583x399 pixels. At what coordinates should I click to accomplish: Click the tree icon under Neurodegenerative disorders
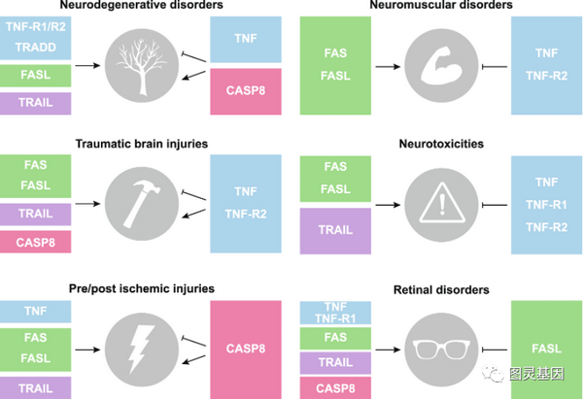141,66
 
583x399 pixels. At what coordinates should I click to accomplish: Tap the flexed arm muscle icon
441,65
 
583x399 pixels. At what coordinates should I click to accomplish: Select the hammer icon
141,204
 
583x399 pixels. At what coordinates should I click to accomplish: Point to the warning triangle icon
442,203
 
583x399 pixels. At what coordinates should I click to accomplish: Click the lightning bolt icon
141,349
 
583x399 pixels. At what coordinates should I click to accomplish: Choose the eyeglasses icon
441,349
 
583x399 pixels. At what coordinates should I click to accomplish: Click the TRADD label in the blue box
36,48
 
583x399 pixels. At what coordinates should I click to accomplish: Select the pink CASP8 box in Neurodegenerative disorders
246,91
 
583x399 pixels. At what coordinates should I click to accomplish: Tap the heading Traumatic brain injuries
142,144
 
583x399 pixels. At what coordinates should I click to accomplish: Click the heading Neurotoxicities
441,144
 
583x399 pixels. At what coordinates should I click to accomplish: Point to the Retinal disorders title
441,289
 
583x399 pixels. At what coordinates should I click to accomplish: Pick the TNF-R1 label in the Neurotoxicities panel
546,205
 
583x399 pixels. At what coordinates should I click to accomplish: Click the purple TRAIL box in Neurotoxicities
335,231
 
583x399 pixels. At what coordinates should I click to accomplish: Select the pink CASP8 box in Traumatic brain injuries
35,242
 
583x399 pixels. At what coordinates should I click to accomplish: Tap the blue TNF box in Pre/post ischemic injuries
35,312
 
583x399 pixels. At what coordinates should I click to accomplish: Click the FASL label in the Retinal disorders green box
546,349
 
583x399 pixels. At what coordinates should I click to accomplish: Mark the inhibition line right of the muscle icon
495,67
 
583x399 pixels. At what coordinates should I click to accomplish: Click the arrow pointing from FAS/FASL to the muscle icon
388,67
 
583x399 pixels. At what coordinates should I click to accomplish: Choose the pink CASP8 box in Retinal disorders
335,388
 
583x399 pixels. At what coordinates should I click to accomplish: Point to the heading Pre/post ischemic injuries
142,288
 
